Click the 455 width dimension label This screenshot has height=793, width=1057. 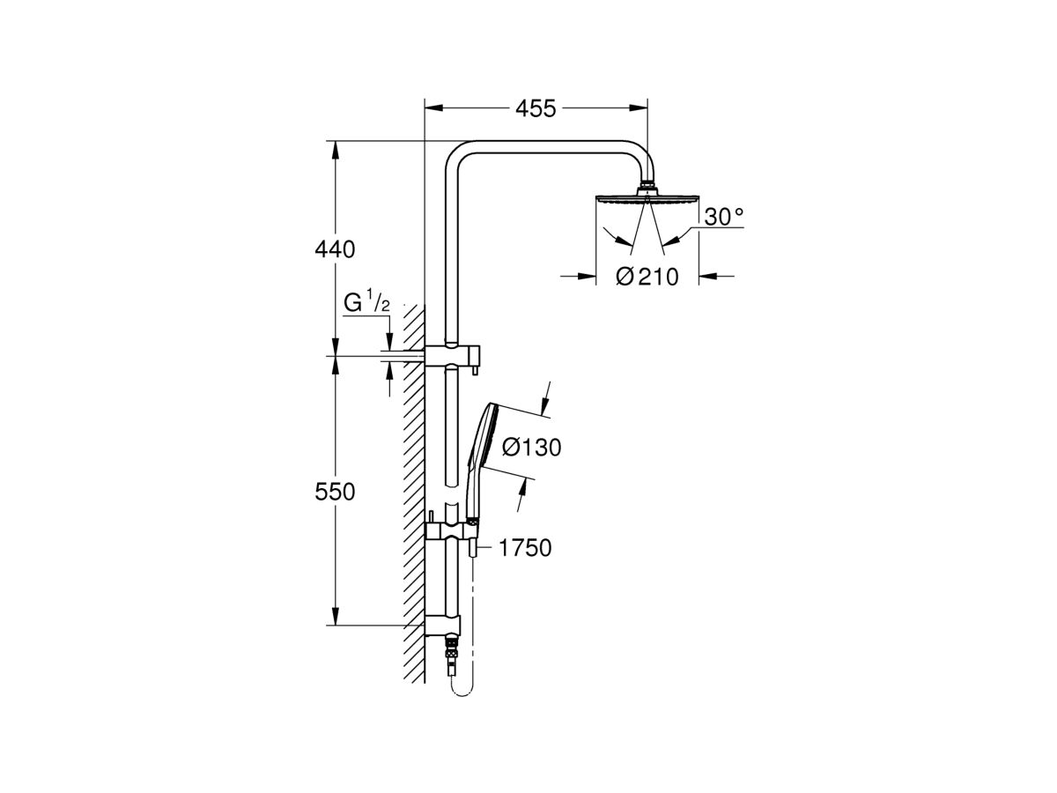click(536, 108)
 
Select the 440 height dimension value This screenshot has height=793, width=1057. click(336, 249)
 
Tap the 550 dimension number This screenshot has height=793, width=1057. click(336, 493)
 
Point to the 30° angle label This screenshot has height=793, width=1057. click(724, 217)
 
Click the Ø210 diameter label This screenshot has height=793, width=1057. click(647, 277)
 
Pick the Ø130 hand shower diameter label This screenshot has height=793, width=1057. click(531, 448)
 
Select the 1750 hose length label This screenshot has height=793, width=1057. click(524, 548)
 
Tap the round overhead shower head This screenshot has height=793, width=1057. click(647, 198)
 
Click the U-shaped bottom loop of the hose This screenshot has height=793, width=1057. click(461, 696)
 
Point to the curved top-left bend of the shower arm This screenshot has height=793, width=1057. click(455, 156)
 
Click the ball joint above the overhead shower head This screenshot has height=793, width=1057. click(647, 187)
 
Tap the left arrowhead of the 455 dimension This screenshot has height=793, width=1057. click(432, 108)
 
